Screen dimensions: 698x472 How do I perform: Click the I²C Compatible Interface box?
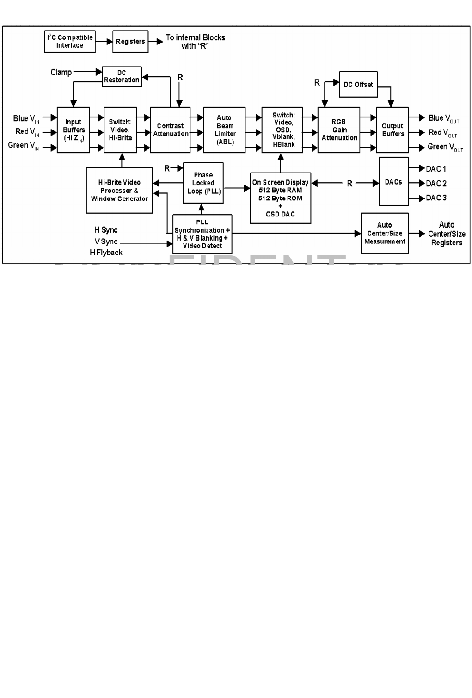tap(70, 42)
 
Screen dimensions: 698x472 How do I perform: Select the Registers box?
tap(130, 42)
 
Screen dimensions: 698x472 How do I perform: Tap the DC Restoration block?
tap(122, 76)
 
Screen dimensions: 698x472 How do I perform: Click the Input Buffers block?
tap(74, 130)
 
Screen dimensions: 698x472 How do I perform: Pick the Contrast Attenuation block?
tap(170, 130)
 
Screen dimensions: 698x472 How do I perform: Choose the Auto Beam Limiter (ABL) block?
tap(224, 130)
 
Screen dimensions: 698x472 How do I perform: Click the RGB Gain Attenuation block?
tap(339, 130)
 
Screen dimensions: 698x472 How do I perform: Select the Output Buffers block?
tap(392, 130)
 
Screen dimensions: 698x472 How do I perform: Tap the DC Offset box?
tap(358, 84)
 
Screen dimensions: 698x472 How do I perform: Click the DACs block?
tap(393, 182)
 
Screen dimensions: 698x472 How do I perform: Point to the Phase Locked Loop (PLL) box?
tap(203, 183)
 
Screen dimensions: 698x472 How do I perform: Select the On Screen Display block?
tap(280, 198)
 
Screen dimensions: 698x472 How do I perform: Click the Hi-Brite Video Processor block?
tap(119, 190)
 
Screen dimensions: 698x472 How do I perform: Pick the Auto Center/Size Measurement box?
tap(385, 233)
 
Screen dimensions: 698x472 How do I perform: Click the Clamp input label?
tap(61, 72)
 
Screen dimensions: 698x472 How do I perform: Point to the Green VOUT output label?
tap(445, 147)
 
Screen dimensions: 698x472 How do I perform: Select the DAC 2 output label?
tap(436, 184)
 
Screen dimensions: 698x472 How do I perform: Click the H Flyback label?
tap(106, 253)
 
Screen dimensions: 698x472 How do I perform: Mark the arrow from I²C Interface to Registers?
tap(104, 42)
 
